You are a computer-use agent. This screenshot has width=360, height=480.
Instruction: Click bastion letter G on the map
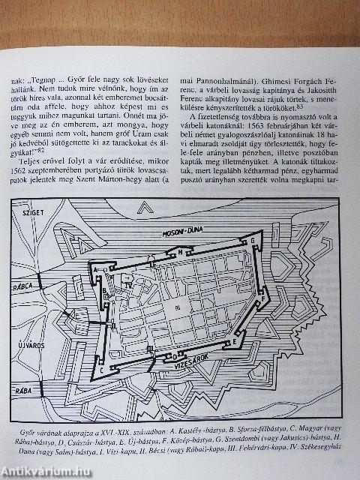click(x=252, y=239)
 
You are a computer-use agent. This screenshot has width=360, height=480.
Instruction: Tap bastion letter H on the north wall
click(x=183, y=251)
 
